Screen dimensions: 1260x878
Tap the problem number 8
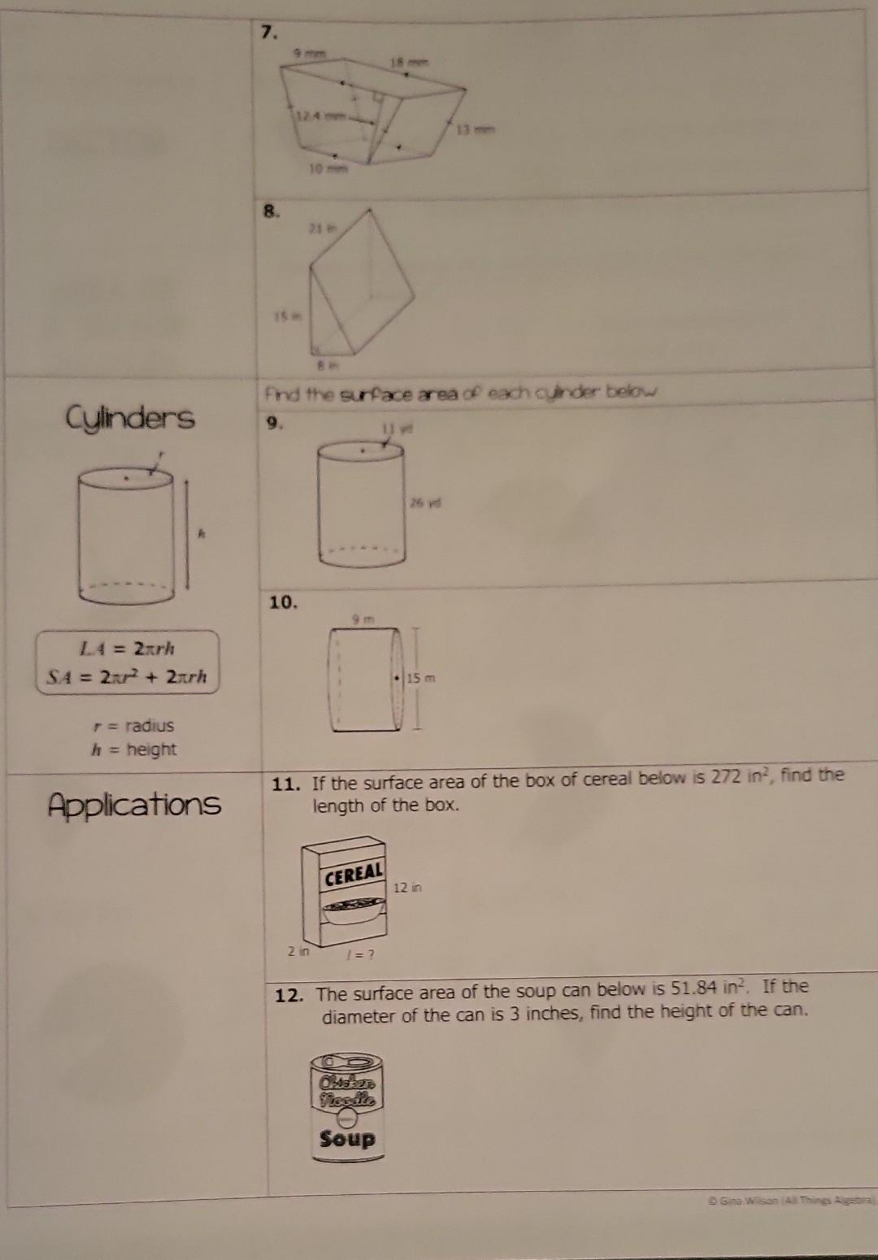(270, 211)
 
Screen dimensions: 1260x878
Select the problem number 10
(284, 602)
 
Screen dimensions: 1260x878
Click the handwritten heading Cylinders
(130, 419)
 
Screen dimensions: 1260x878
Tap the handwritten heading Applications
(134, 804)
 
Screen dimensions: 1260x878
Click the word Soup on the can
(347, 1139)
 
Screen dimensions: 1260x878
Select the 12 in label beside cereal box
(407, 888)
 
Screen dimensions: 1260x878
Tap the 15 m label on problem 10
(423, 678)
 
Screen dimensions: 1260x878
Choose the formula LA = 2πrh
(126, 649)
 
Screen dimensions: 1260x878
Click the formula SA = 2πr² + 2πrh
(126, 676)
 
